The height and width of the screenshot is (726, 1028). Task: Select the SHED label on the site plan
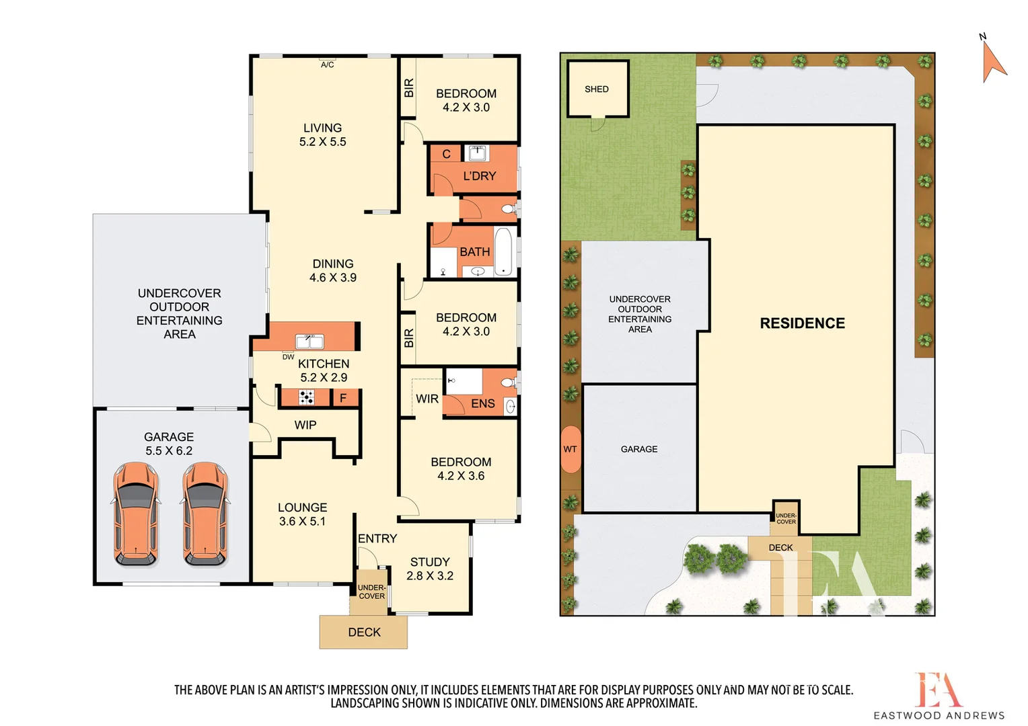pyautogui.click(x=596, y=89)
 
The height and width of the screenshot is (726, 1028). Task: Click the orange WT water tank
pyautogui.click(x=570, y=449)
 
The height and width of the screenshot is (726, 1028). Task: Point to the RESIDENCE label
pyautogui.click(x=802, y=323)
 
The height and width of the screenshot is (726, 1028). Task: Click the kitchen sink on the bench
pyautogui.click(x=309, y=341)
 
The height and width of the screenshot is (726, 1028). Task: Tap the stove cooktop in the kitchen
pyautogui.click(x=306, y=397)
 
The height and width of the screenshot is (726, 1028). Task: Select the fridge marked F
pyautogui.click(x=343, y=398)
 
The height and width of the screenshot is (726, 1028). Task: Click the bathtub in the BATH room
pyautogui.click(x=503, y=252)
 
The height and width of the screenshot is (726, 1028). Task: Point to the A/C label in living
pyautogui.click(x=327, y=65)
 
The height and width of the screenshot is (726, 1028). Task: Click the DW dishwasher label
pyautogui.click(x=288, y=357)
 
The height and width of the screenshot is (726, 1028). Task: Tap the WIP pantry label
pyautogui.click(x=305, y=425)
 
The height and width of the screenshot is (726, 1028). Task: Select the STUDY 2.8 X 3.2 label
pyautogui.click(x=429, y=569)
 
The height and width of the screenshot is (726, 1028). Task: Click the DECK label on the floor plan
pyautogui.click(x=364, y=632)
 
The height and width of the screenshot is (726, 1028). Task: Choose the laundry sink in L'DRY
pyautogui.click(x=477, y=153)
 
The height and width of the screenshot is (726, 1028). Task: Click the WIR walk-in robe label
pyautogui.click(x=427, y=399)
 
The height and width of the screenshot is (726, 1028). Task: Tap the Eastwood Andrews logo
pyautogui.click(x=939, y=696)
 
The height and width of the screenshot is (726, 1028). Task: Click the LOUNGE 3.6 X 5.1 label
pyautogui.click(x=302, y=514)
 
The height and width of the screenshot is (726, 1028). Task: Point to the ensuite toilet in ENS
pyautogui.click(x=509, y=383)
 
